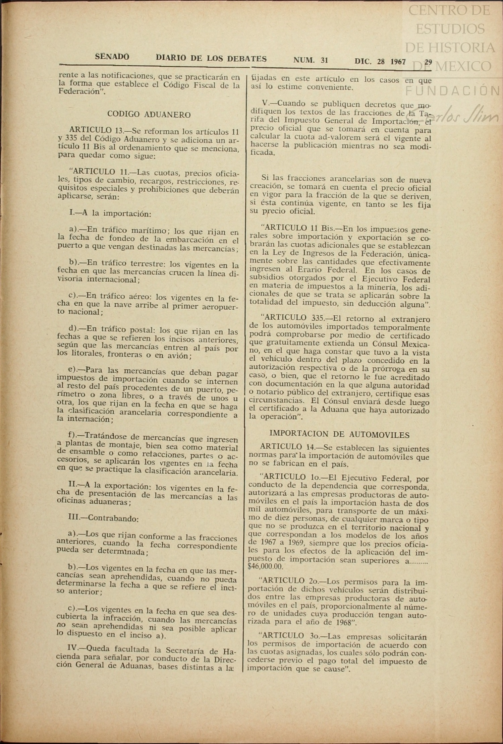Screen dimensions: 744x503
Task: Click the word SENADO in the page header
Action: tap(112, 57)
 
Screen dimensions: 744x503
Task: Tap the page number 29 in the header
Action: tap(428, 62)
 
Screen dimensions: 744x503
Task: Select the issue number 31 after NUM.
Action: tap(324, 60)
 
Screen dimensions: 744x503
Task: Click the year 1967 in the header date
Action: tap(398, 62)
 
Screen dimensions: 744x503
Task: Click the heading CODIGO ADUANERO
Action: tap(149, 115)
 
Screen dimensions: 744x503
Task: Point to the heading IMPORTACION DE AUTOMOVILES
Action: tap(339, 435)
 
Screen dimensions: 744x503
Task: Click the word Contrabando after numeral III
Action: tap(113, 518)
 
